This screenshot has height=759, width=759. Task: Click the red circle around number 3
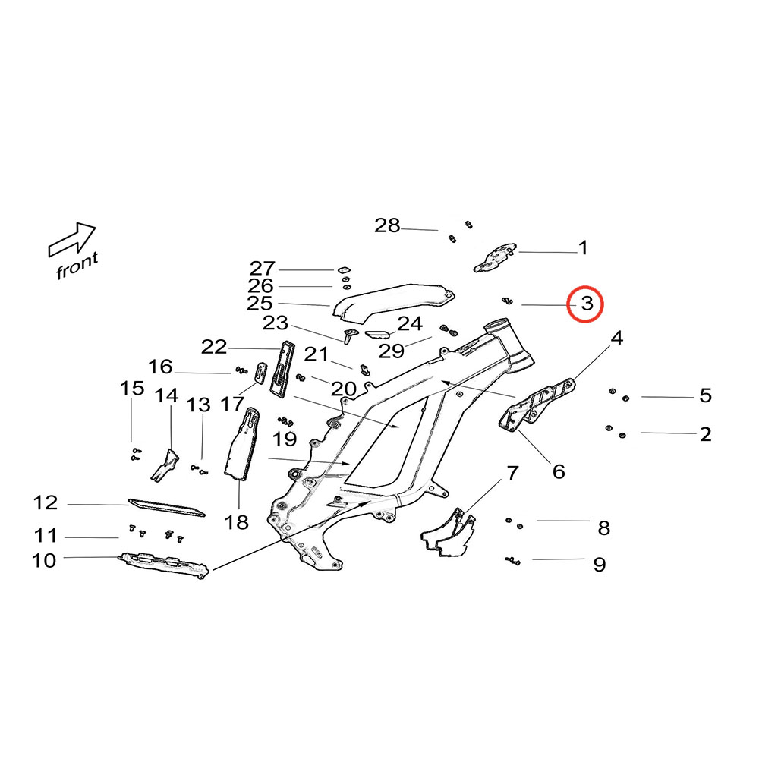click(x=586, y=304)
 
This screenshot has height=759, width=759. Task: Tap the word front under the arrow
click(x=77, y=266)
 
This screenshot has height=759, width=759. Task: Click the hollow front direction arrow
click(x=72, y=238)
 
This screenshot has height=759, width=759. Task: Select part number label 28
click(x=387, y=225)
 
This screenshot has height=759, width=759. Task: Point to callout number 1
click(x=583, y=247)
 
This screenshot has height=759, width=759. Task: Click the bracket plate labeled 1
click(x=495, y=257)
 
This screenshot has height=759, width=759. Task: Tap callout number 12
click(x=46, y=502)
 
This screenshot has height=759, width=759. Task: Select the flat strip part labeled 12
click(x=166, y=507)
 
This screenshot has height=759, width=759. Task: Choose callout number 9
click(x=600, y=565)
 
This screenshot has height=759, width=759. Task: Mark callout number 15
click(x=132, y=389)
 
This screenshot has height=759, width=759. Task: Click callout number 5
click(x=705, y=395)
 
